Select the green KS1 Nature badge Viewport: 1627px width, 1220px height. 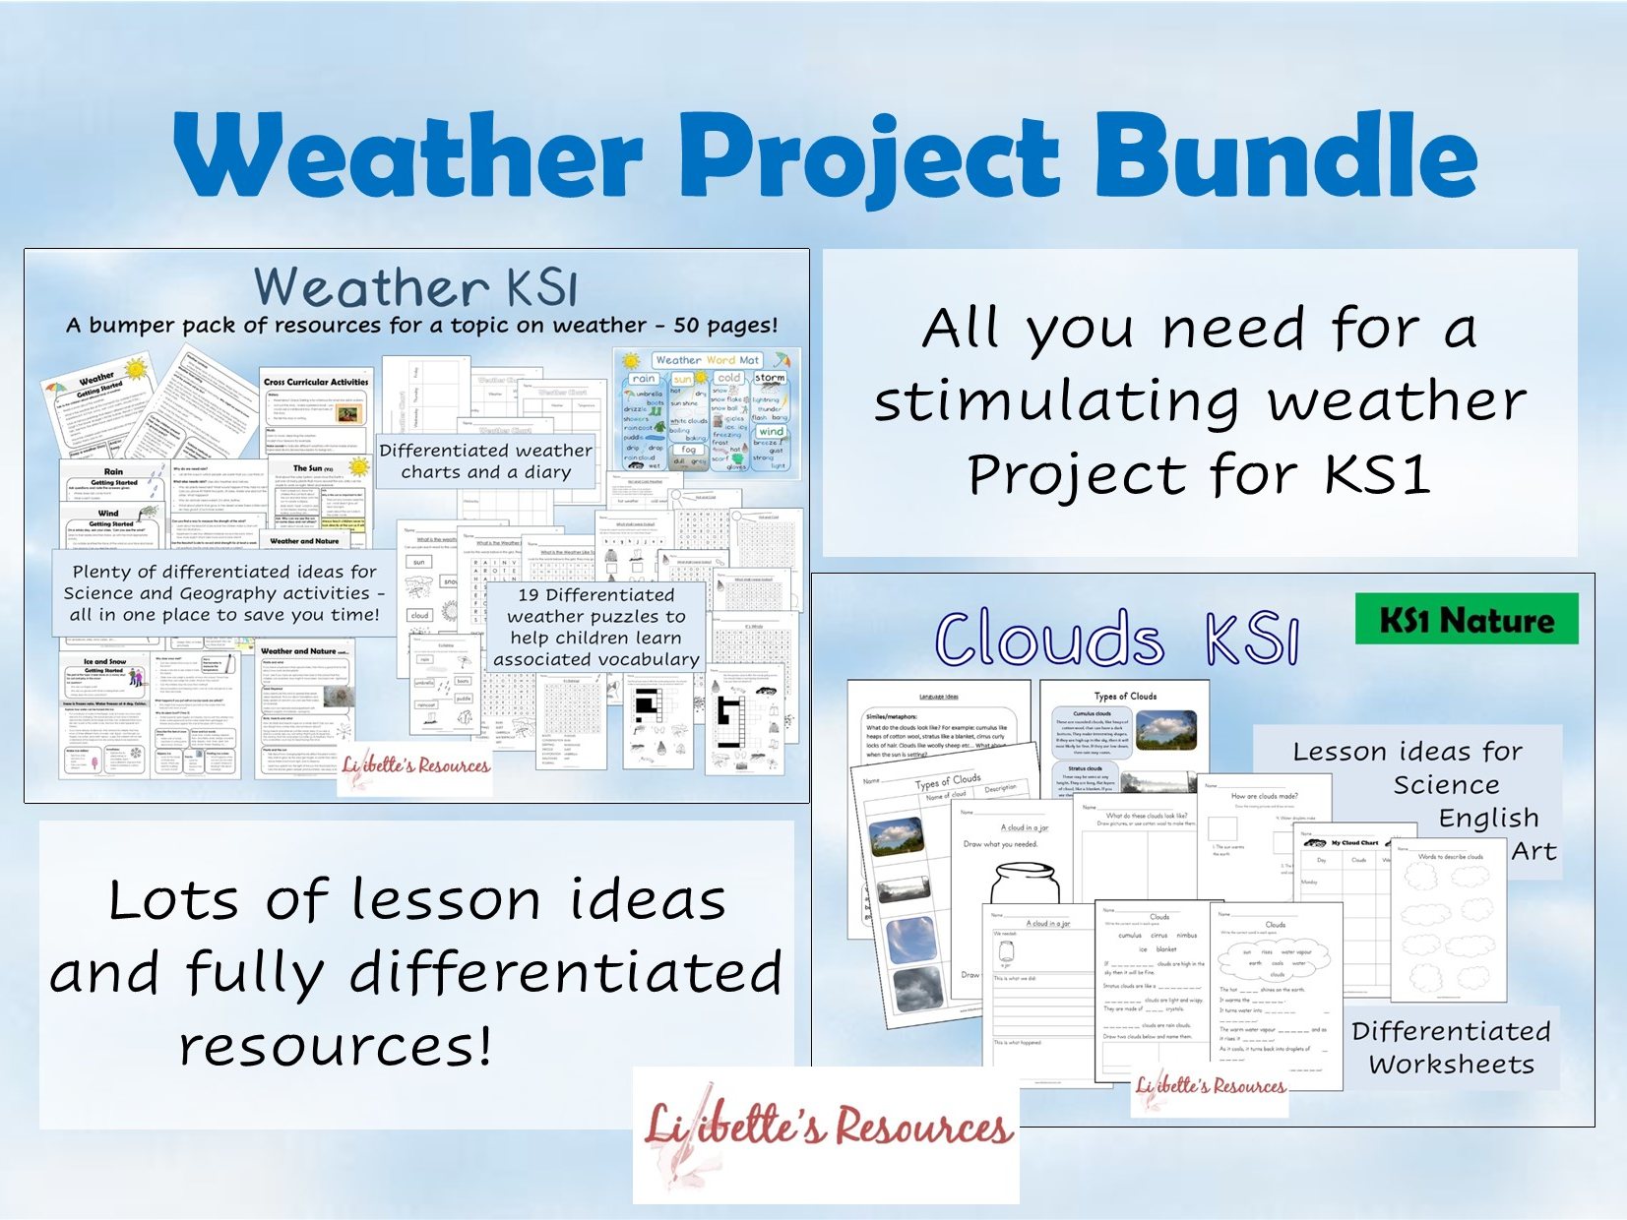(x=1466, y=619)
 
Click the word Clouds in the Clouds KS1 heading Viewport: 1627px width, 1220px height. (x=1049, y=640)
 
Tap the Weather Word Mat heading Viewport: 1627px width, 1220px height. (x=707, y=360)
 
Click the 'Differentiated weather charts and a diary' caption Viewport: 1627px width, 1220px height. (x=485, y=460)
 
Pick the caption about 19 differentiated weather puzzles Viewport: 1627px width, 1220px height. (x=595, y=627)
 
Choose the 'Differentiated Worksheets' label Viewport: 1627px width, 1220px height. (x=1451, y=1047)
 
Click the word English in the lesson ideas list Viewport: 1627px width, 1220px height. (x=1487, y=818)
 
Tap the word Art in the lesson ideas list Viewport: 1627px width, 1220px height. (x=1533, y=851)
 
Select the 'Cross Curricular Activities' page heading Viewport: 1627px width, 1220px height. (x=316, y=382)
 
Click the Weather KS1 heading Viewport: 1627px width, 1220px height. (x=415, y=287)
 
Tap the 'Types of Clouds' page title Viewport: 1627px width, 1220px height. (x=1125, y=696)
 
